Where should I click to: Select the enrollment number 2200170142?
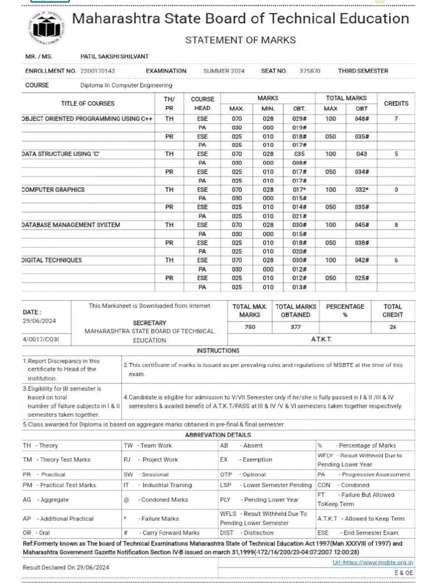click(98, 71)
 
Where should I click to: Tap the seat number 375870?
click(310, 71)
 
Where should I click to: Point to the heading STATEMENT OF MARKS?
click(241, 40)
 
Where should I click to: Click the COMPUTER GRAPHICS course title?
click(53, 190)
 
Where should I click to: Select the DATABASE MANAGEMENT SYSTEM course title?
click(71, 225)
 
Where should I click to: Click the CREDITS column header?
click(396, 104)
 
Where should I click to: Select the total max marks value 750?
click(250, 327)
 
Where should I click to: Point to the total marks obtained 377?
click(296, 327)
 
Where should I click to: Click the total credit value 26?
click(393, 327)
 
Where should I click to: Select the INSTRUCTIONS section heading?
click(218, 351)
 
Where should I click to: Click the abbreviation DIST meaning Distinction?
click(227, 533)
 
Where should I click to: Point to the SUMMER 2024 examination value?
click(224, 71)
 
